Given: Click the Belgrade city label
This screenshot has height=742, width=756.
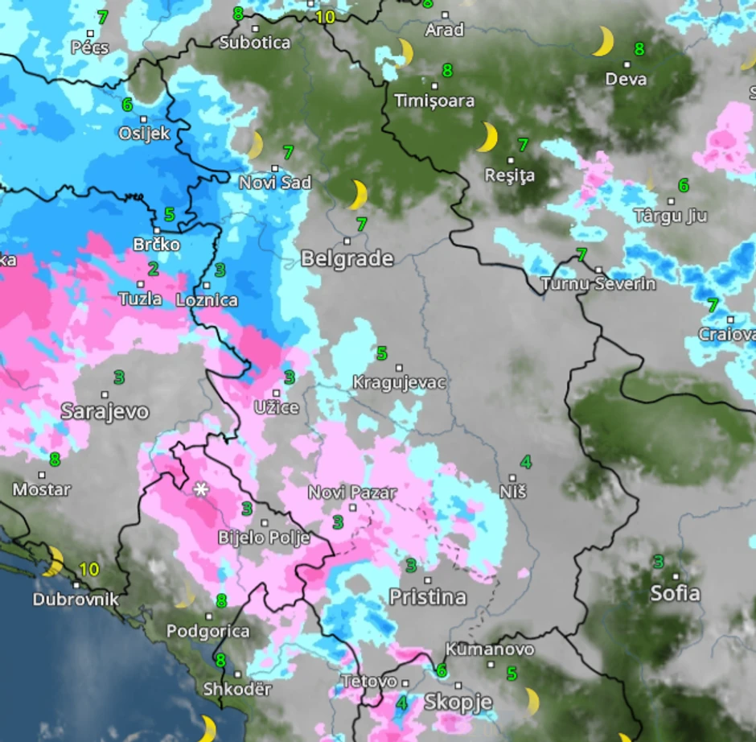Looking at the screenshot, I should (x=347, y=258).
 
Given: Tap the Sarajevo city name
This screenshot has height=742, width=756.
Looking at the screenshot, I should (x=105, y=411).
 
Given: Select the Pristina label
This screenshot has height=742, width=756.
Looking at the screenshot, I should (x=427, y=596).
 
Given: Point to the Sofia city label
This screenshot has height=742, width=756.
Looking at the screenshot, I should (x=675, y=593).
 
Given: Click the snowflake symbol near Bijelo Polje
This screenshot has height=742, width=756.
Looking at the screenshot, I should (x=200, y=488).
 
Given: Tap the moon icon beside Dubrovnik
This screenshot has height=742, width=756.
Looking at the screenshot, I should (x=53, y=561).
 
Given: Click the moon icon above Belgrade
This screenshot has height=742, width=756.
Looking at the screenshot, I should (x=358, y=195).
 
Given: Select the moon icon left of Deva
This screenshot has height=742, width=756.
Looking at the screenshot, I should (x=602, y=41).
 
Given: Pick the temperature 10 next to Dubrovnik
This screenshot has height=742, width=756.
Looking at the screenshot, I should (x=88, y=570).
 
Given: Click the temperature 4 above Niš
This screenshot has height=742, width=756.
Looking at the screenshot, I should (x=525, y=462).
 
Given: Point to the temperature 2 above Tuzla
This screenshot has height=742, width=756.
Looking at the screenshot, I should (x=153, y=269).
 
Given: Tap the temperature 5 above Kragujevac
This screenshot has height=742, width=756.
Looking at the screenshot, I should (x=382, y=352).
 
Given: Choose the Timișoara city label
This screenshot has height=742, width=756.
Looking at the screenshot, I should (x=434, y=101).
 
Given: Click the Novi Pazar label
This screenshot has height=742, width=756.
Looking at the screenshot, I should (x=352, y=492).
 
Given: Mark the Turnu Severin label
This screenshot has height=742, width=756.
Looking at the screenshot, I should (x=598, y=283).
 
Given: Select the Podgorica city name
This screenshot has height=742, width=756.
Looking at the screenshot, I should (x=207, y=632).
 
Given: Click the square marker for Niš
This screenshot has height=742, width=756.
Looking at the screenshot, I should (x=512, y=477).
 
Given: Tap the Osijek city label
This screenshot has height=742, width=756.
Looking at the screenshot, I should (x=144, y=132).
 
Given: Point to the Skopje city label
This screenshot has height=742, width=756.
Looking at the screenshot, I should (x=458, y=701).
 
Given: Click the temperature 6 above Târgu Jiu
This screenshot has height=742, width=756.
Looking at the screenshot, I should (x=683, y=186).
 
